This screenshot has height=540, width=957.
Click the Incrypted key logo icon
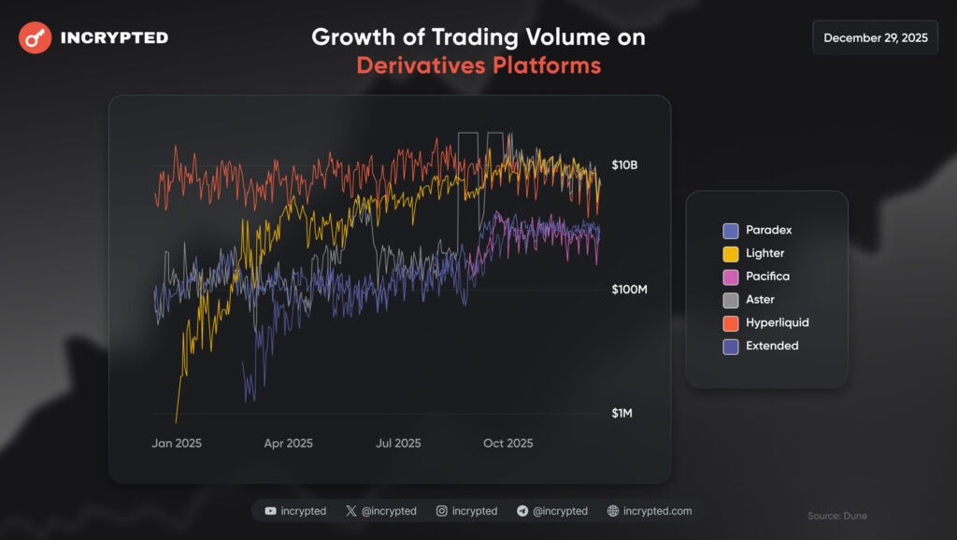click(x=36, y=38)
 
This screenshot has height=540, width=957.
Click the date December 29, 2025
click(x=875, y=38)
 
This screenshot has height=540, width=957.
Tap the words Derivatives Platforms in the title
click(x=478, y=66)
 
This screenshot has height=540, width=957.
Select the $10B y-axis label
click(x=624, y=165)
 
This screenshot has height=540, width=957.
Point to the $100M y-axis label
click(x=629, y=290)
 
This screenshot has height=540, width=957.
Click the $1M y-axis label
click(x=621, y=413)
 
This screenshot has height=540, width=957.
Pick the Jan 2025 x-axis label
click(x=177, y=444)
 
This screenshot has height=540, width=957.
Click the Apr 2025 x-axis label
click(x=288, y=444)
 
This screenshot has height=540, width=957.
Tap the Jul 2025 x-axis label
click(x=397, y=444)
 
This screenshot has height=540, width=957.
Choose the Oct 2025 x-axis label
click(x=507, y=444)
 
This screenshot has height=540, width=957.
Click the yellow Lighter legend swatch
click(x=731, y=253)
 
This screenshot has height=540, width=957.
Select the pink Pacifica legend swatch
click(x=731, y=277)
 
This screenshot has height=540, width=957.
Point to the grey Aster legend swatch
click(x=731, y=300)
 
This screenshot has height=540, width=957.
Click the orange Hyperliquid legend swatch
click(x=731, y=323)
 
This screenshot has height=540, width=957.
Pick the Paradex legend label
click(x=768, y=230)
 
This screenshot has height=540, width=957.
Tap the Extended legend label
click(x=772, y=346)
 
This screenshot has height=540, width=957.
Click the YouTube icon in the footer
click(x=270, y=511)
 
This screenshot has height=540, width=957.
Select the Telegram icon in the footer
click(x=521, y=511)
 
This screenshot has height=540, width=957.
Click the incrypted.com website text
click(x=658, y=511)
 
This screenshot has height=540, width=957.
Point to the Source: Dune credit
click(x=837, y=516)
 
